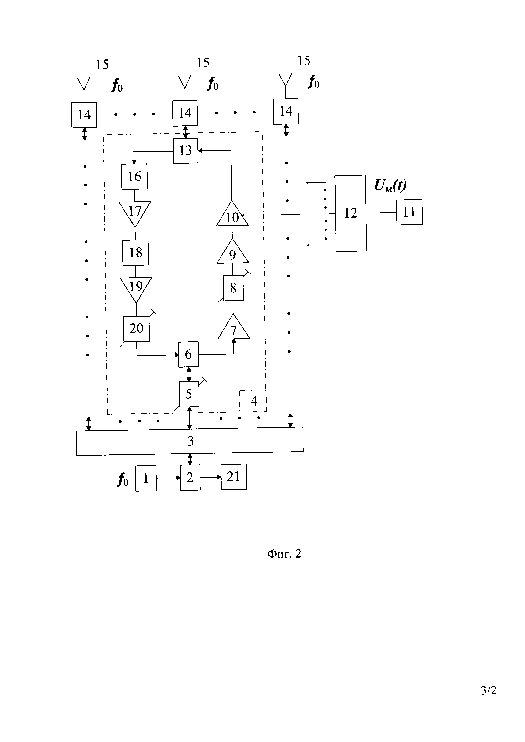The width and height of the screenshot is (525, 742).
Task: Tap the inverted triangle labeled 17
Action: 135,212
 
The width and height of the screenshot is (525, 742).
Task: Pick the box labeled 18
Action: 135,252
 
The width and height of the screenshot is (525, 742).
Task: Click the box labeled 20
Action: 136,329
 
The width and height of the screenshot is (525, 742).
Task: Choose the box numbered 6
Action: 188,355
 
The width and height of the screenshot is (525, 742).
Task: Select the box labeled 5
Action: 189,394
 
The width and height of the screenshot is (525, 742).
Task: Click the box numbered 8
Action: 233,288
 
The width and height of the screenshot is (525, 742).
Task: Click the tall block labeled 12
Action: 351,213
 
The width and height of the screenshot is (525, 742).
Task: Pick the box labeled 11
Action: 409,212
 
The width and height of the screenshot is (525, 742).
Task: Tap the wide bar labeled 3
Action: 190,441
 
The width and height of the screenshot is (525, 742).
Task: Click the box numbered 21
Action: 233,477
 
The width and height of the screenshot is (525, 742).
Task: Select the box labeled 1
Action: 146,478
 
